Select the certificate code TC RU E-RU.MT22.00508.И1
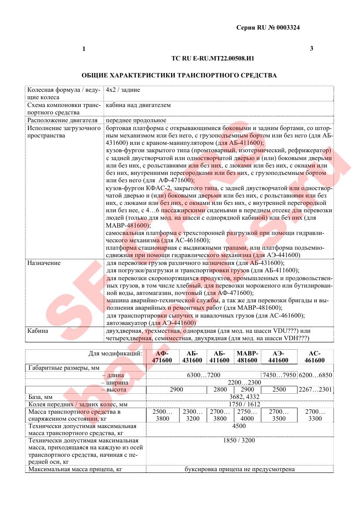coord(213,58)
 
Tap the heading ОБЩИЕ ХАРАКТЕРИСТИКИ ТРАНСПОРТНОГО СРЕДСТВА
coord(179,75)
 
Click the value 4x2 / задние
coord(123,90)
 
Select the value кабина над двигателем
coord(138,105)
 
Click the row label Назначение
coord(44,263)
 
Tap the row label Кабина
coord(38,331)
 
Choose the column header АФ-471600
coord(162,357)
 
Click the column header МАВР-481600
coord(247,357)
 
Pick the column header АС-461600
coord(315,357)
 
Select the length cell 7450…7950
coord(279,375)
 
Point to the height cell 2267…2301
coord(315,389)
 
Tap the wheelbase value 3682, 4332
coord(239,397)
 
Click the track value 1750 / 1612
coord(239,404)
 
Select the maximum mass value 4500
coord(239,426)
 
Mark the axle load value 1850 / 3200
coord(239,440)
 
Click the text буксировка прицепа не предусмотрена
coord(239,469)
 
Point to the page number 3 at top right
coord(311,48)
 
